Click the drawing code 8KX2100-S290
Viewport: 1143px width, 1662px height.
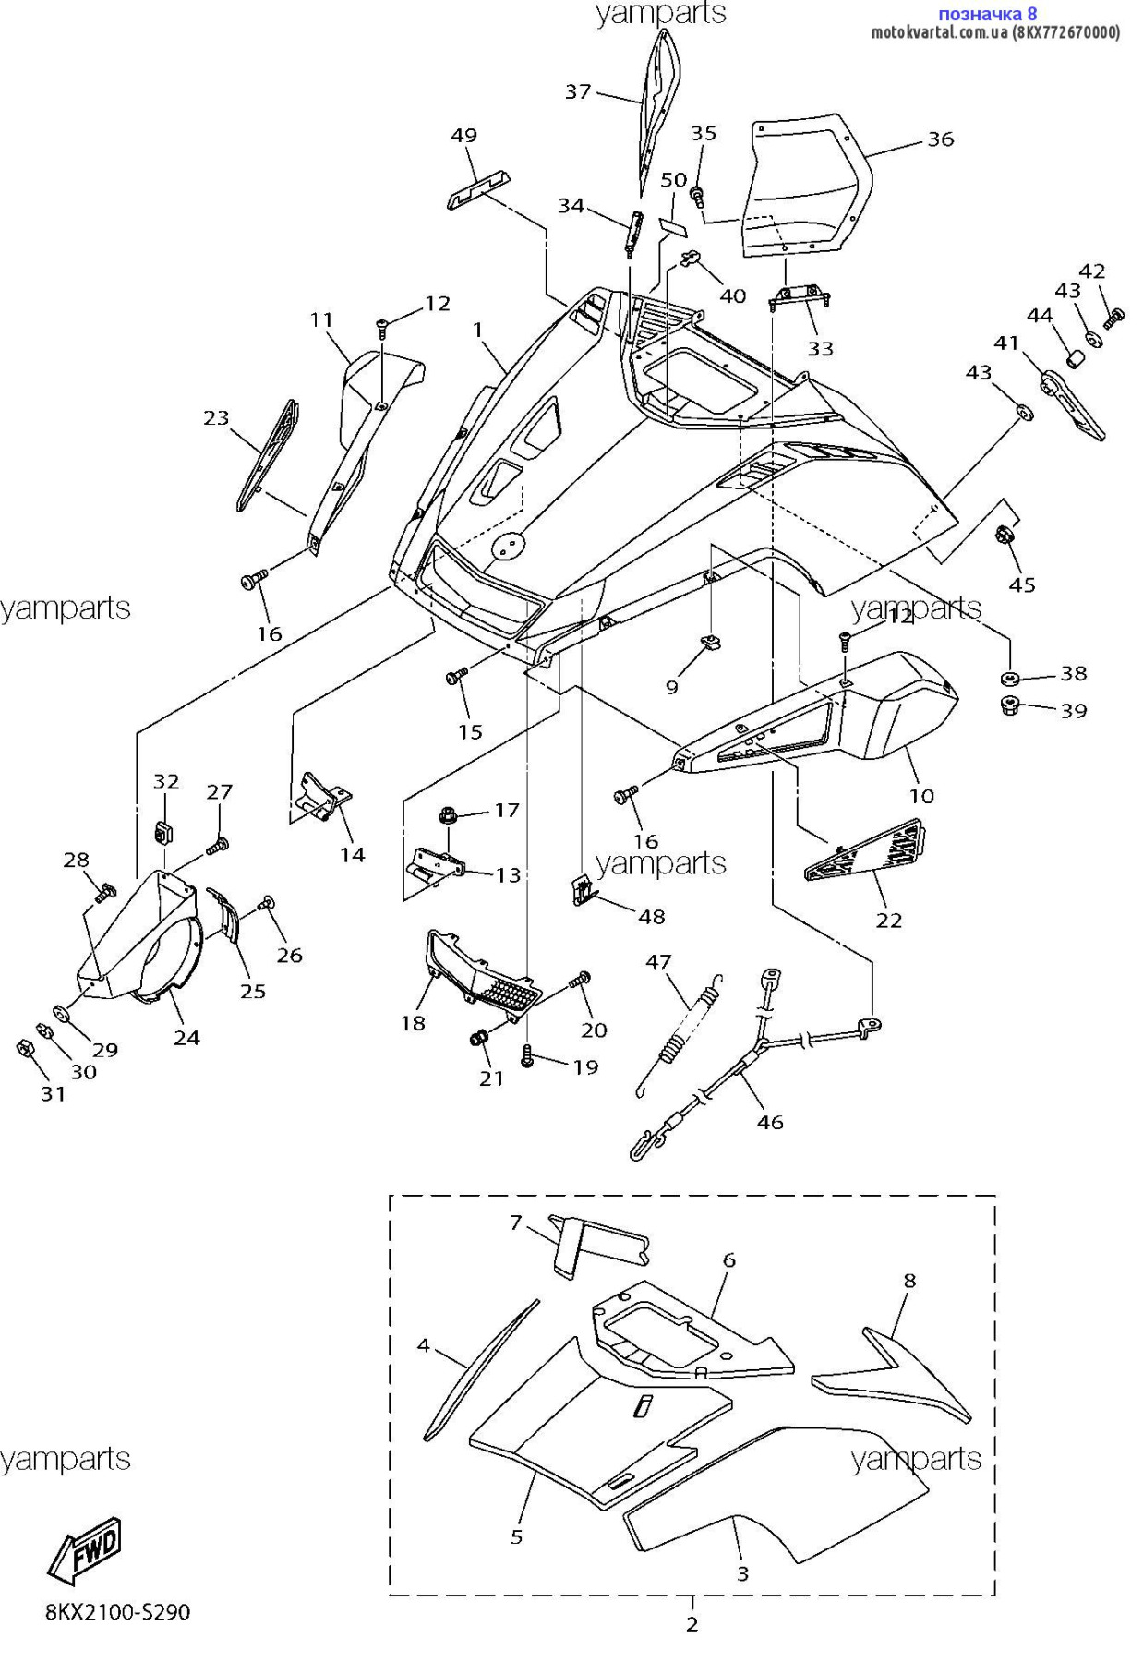pos(118,1612)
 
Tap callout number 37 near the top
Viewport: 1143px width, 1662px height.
pos(578,91)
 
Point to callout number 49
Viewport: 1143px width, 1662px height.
pos(463,136)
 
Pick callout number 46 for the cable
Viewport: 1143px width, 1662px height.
pos(770,1122)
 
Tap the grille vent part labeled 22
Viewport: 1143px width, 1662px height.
pos(865,849)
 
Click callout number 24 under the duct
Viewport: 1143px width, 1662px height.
pos(187,1038)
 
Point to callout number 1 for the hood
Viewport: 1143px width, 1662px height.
pos(478,330)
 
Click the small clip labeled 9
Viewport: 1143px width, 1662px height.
pos(712,643)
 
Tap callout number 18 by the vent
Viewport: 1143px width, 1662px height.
pos(413,1023)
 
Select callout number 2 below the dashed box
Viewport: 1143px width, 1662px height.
pos(692,1624)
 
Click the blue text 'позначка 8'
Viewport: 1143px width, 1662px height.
pos(987,14)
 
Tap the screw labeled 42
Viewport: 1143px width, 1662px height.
pos(1113,319)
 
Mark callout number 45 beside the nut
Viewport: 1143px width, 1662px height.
pos(1021,584)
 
